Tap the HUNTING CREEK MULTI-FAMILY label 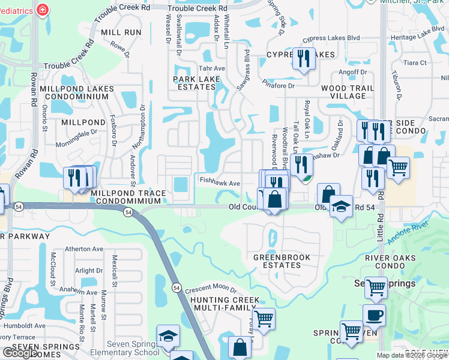click(225, 304)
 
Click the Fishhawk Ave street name click(220, 184)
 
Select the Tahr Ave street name click(212, 68)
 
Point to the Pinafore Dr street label click(280, 86)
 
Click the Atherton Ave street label click(85, 248)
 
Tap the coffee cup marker click(374, 314)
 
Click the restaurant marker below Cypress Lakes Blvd click(304, 59)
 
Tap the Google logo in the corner click(20, 353)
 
